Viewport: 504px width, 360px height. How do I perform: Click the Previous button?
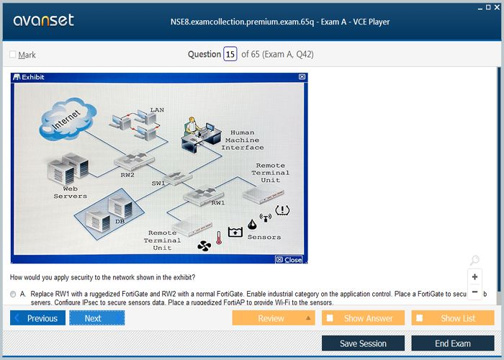(38, 318)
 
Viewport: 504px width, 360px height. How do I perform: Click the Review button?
(273, 318)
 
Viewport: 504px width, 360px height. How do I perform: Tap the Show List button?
(453, 318)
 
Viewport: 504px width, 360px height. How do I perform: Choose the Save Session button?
(363, 343)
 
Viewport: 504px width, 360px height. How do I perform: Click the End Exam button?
(453, 343)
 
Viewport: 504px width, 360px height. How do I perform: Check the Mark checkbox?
(12, 55)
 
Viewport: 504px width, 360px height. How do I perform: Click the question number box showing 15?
(230, 54)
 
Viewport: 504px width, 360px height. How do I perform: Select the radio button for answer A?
(14, 294)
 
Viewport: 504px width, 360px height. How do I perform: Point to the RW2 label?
(127, 174)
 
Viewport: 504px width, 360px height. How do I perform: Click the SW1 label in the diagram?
(158, 183)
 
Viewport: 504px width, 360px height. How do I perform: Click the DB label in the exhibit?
(120, 221)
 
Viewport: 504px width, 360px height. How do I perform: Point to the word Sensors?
(264, 237)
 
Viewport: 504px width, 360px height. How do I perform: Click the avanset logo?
(44, 20)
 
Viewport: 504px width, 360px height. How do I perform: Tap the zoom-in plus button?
(474, 276)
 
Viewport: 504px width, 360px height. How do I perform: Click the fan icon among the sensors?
(204, 246)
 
